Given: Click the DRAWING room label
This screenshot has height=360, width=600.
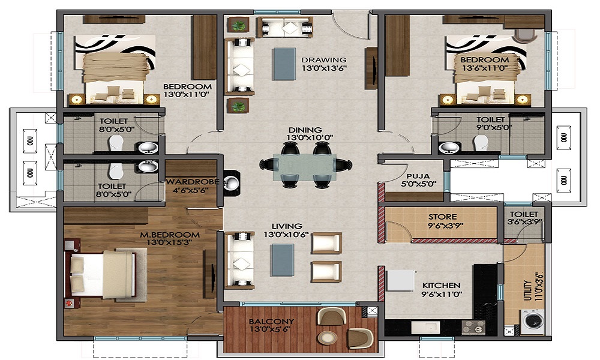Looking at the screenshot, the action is tap(324, 60).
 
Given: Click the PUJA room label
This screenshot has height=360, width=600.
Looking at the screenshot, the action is tap(418, 176).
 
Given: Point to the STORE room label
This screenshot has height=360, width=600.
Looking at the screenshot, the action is tap(442, 217).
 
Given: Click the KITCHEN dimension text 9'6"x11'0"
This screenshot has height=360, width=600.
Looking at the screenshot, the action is tap(442, 294).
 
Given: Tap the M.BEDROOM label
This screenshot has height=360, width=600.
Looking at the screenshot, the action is tap(170, 235).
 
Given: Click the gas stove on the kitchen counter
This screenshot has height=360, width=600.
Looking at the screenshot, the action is tap(474, 328).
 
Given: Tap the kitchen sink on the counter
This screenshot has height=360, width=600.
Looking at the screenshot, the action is tap(425, 328).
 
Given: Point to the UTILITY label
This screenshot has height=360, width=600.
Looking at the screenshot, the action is tap(527, 291).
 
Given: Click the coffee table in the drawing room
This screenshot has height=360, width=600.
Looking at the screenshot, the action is tap(284, 64).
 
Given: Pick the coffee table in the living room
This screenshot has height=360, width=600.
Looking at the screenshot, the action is tap(283, 260).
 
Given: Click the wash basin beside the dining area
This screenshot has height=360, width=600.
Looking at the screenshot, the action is tap(231, 183).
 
